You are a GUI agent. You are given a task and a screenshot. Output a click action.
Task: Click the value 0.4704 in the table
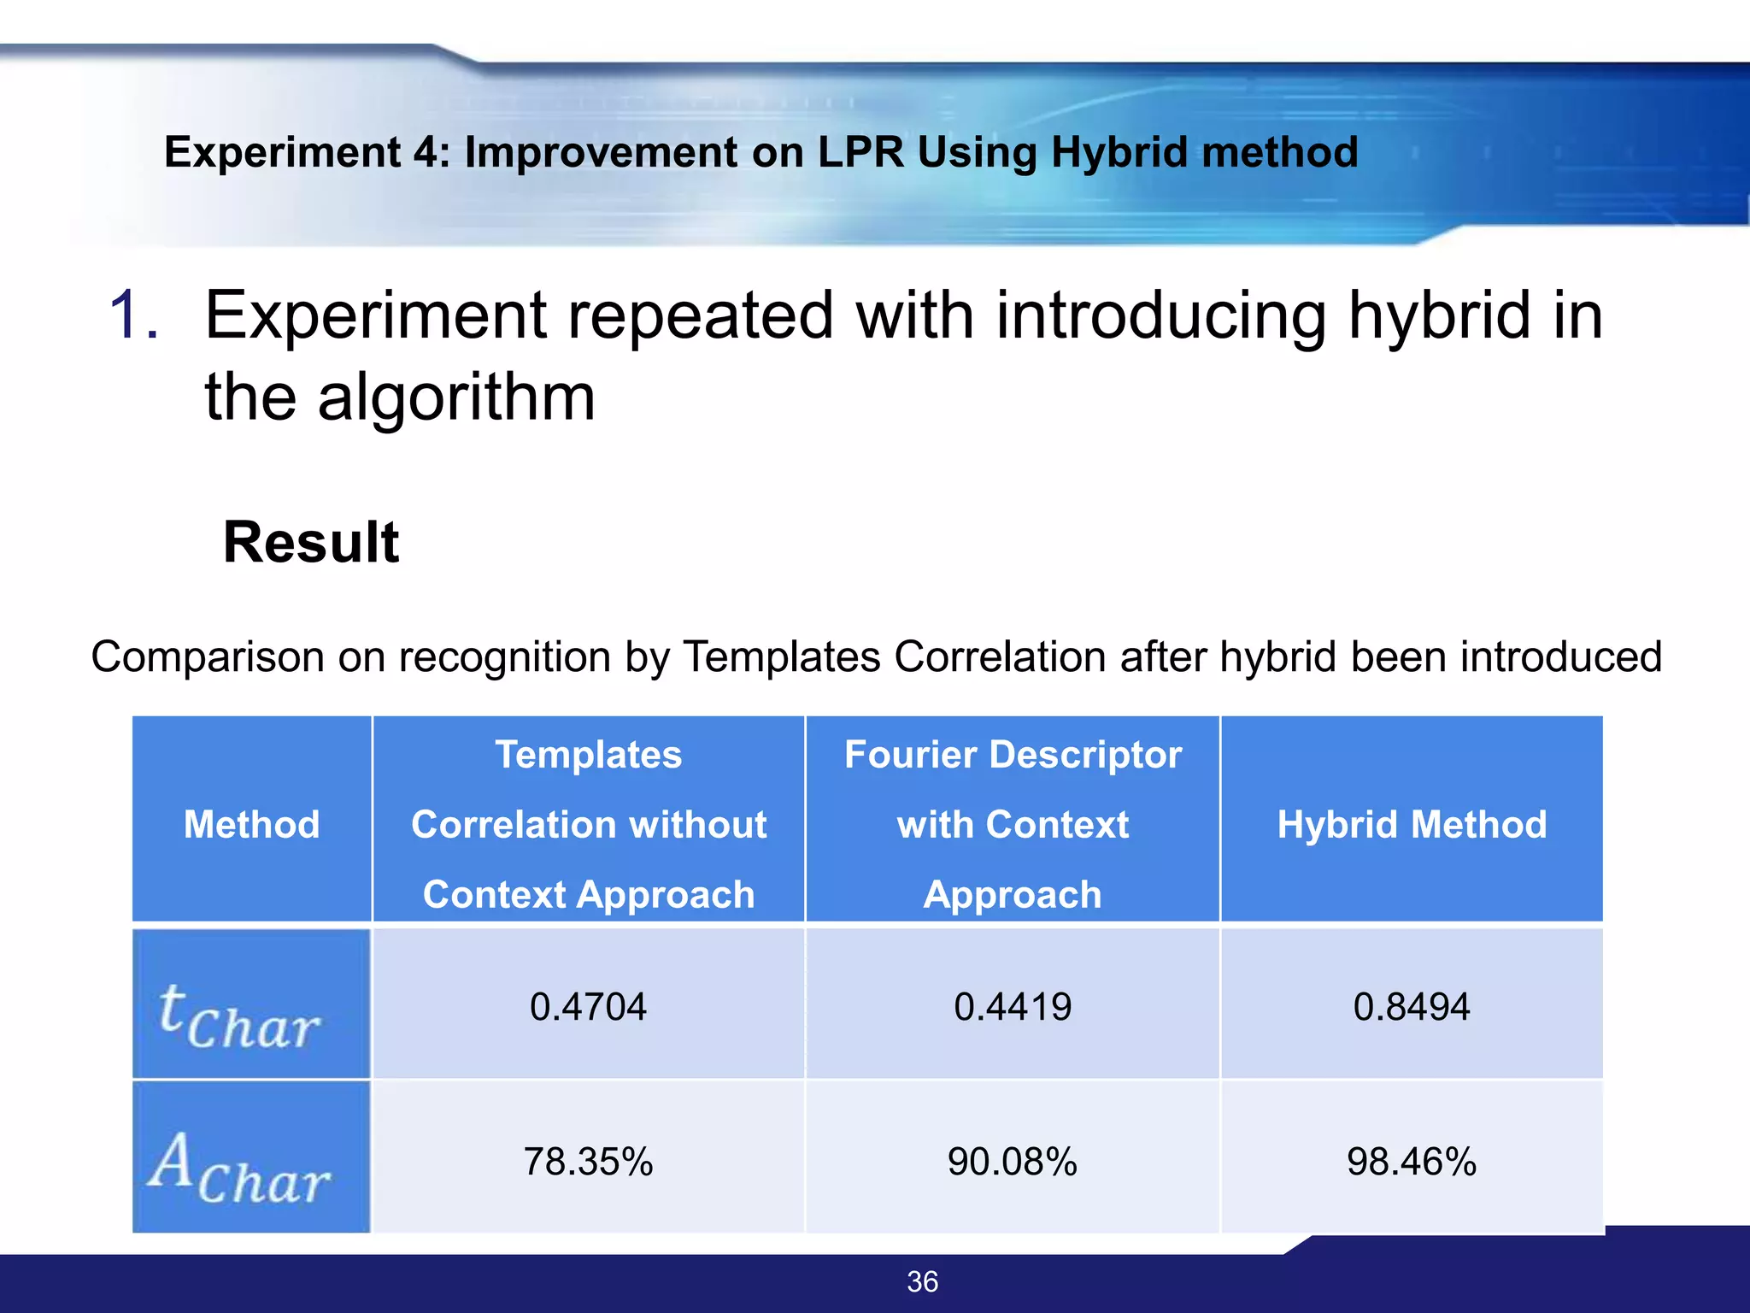pyautogui.click(x=588, y=1006)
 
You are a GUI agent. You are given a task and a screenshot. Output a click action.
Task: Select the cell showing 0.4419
pyautogui.click(x=1013, y=1006)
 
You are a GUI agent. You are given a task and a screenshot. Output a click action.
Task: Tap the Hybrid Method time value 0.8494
pyautogui.click(x=1412, y=1006)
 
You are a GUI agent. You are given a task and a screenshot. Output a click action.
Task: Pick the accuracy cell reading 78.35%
pyautogui.click(x=588, y=1162)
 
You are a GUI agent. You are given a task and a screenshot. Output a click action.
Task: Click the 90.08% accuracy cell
pyautogui.click(x=1013, y=1162)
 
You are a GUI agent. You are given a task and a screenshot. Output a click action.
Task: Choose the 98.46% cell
pyautogui.click(x=1412, y=1162)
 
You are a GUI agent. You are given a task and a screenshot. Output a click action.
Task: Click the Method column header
pyautogui.click(x=251, y=825)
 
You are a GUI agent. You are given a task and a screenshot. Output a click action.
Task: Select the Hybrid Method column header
pyautogui.click(x=1412, y=825)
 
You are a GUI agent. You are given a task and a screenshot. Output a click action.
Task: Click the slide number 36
pyautogui.click(x=922, y=1281)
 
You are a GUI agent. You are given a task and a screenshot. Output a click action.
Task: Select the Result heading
pyautogui.click(x=311, y=542)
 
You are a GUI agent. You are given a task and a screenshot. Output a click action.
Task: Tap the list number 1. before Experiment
pyautogui.click(x=134, y=315)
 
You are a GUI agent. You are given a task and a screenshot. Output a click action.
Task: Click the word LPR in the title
pyautogui.click(x=860, y=152)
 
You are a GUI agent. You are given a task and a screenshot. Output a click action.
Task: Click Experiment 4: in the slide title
pyautogui.click(x=307, y=152)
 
